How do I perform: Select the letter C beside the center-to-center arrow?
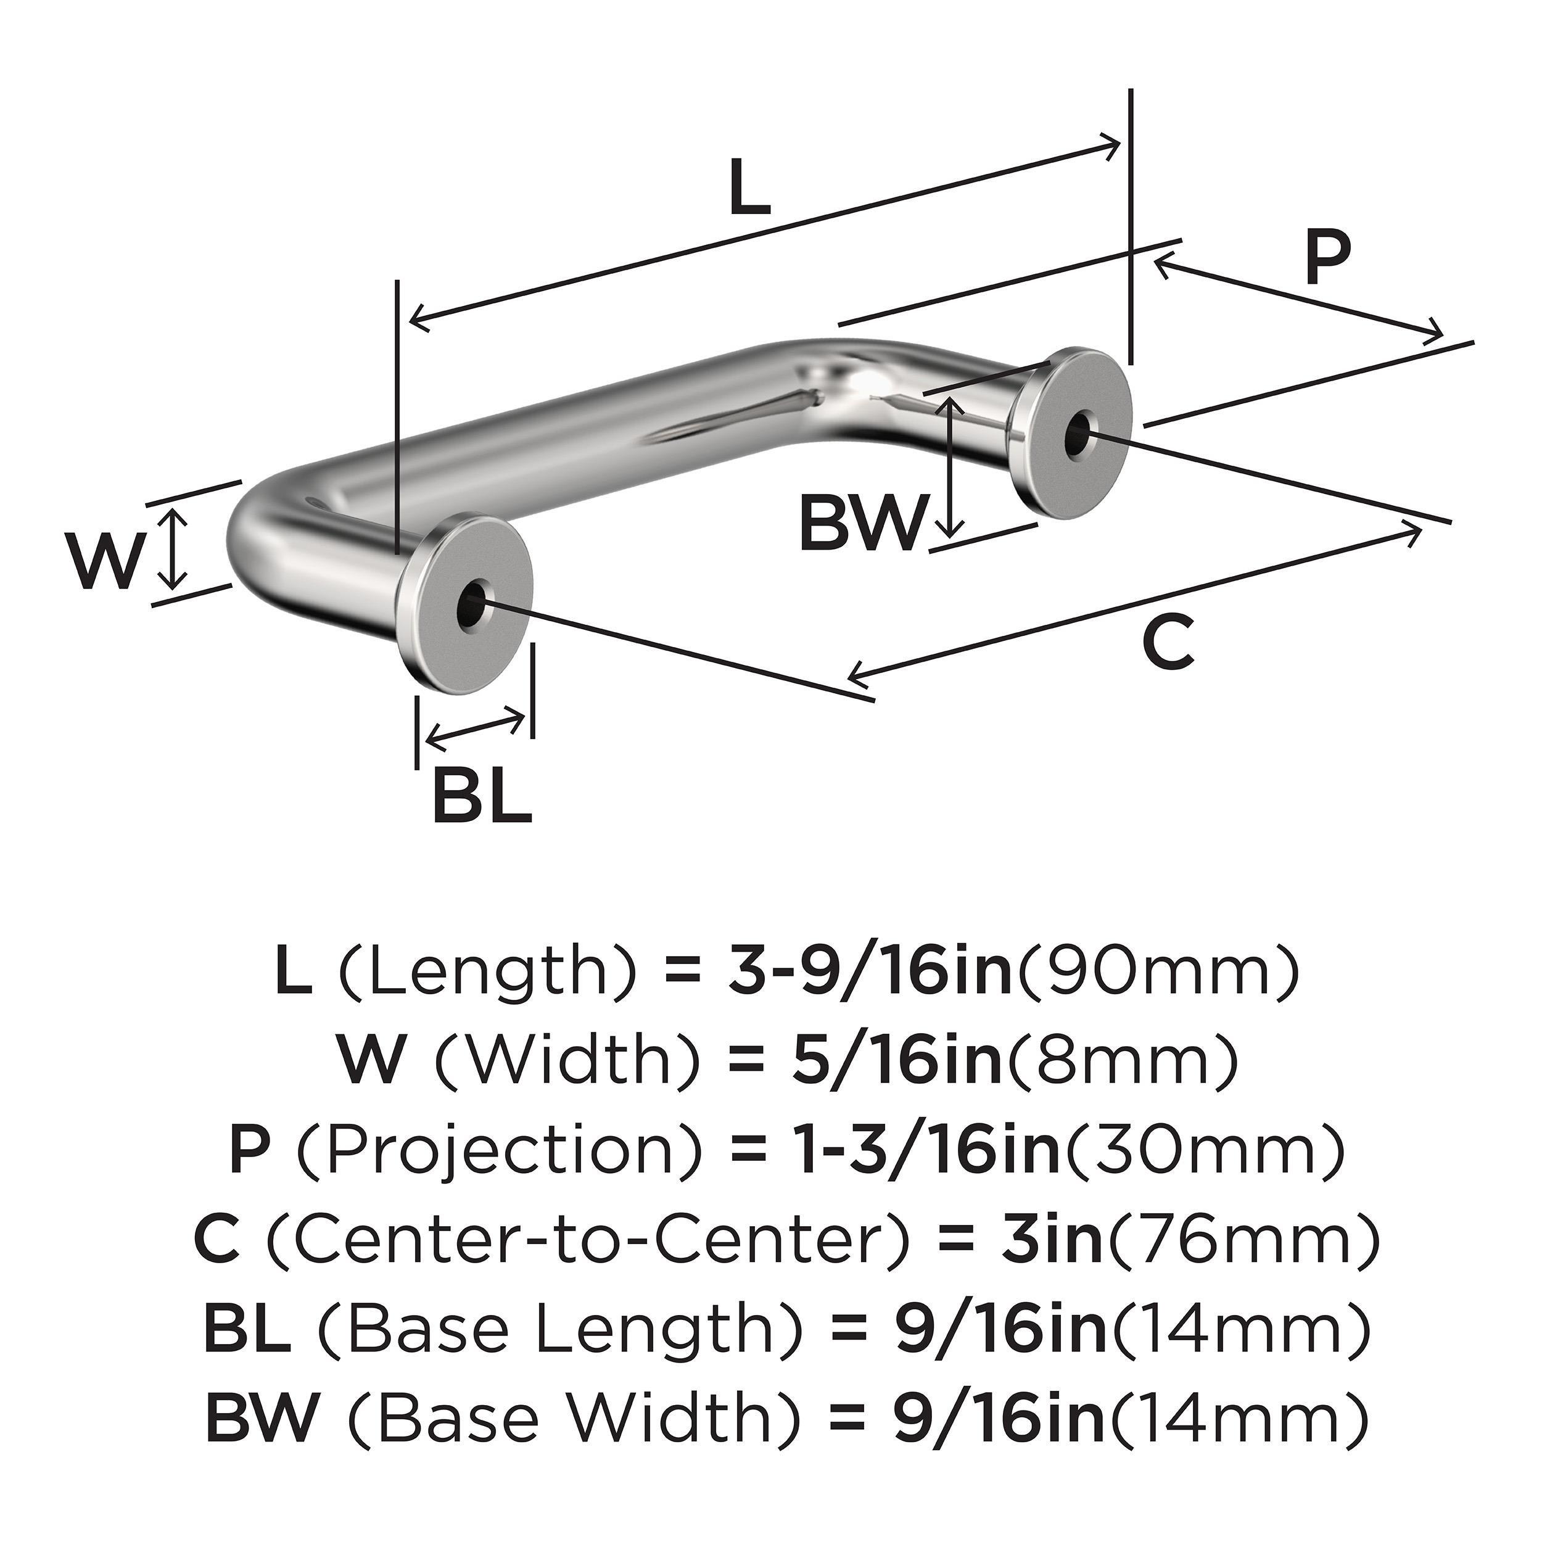1168,643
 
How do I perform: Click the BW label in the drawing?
864,523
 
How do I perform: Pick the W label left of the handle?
107,563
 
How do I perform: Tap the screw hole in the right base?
1081,434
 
